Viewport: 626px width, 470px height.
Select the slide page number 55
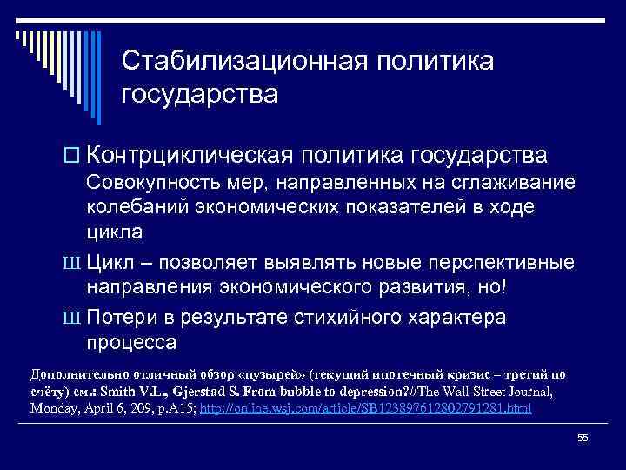[583, 438]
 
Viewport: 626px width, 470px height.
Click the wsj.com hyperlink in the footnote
[365, 407]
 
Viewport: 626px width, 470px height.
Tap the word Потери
[125, 318]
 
